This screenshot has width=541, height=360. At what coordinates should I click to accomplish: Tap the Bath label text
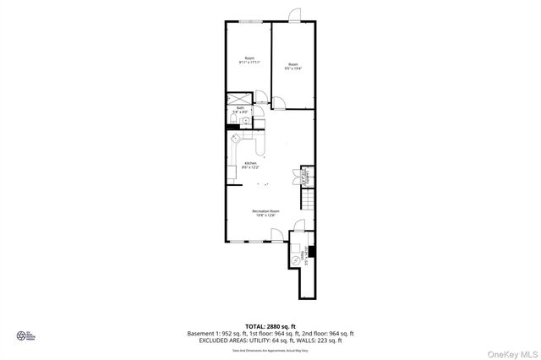pyautogui.click(x=240, y=107)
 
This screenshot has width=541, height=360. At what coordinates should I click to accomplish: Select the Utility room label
pyautogui.click(x=302, y=256)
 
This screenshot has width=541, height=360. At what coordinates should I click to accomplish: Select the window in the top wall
pyautogui.click(x=249, y=21)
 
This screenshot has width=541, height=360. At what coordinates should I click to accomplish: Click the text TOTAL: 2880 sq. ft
pyautogui.click(x=270, y=325)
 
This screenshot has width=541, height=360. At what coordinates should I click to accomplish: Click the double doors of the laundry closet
pyautogui.click(x=297, y=177)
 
